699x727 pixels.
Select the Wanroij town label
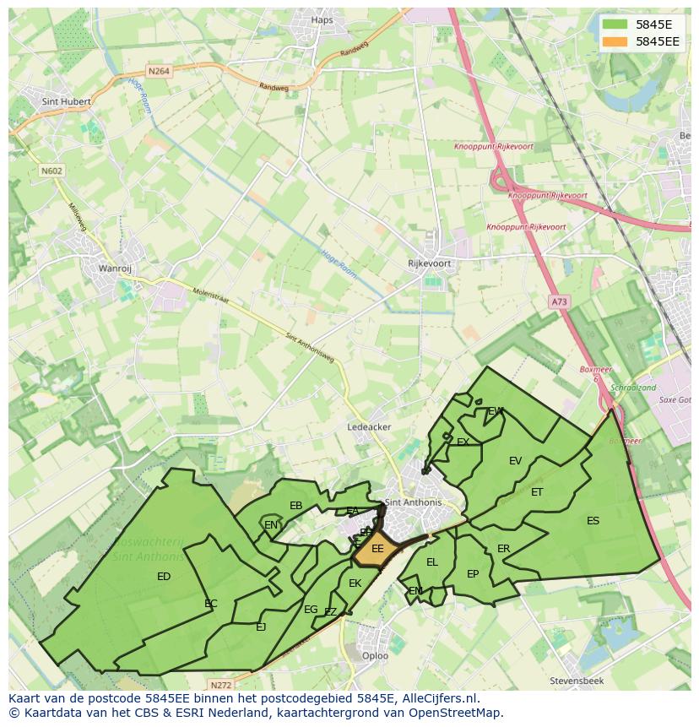(x=116, y=269)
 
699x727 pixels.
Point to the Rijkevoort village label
(x=429, y=263)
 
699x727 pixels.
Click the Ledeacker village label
(x=369, y=427)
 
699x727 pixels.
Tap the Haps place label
(x=322, y=20)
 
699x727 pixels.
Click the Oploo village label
(x=375, y=655)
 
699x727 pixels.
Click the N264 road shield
(x=158, y=72)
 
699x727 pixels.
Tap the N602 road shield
(x=51, y=171)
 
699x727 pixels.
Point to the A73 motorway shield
(x=559, y=301)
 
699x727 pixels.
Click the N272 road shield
(x=221, y=685)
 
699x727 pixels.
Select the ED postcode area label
(x=164, y=577)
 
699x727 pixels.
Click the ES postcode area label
(x=593, y=521)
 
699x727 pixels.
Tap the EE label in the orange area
(x=377, y=549)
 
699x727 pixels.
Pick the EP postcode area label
(x=473, y=574)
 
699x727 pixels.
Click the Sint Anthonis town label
(x=413, y=502)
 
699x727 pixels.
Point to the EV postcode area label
(x=515, y=460)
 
